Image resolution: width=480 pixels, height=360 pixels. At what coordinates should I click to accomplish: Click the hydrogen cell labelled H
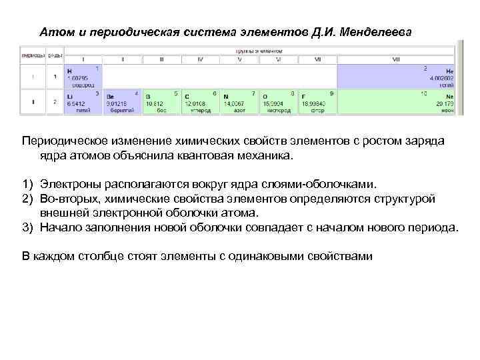tap(83, 77)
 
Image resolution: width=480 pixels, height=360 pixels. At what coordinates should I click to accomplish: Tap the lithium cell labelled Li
tap(83, 102)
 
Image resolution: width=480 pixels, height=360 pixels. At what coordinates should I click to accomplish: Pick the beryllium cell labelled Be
tap(123, 102)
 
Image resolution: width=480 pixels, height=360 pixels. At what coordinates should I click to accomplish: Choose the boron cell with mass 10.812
tap(161, 102)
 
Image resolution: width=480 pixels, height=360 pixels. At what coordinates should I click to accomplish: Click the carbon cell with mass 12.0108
tap(201, 102)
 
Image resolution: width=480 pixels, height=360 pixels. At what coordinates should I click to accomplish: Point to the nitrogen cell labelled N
tap(239, 102)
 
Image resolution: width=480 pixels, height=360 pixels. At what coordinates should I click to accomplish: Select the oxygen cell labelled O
tap(279, 102)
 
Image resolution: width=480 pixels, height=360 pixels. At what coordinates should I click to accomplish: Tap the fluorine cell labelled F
tap(318, 102)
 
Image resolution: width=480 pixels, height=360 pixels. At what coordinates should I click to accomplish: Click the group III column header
tap(161, 59)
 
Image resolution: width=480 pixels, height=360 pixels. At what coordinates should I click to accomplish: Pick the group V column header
tap(239, 59)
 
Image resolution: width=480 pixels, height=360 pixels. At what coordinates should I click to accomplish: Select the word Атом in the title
tap(54, 32)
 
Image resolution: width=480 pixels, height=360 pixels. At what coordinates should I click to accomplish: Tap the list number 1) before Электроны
tap(27, 183)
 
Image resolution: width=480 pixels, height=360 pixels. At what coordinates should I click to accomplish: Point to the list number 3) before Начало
tap(27, 227)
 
